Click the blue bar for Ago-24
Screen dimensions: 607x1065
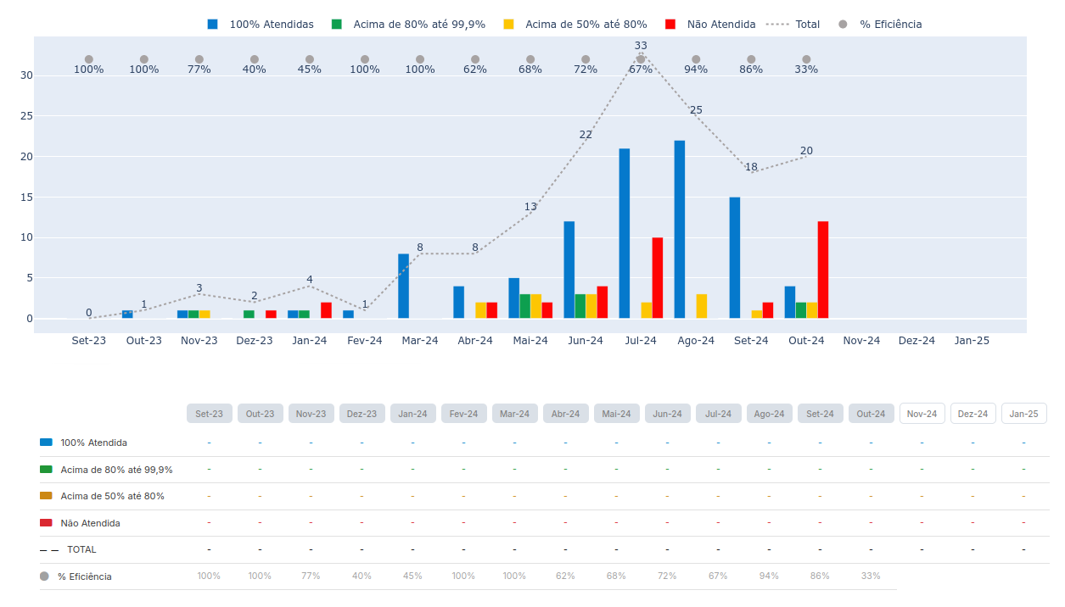click(680, 229)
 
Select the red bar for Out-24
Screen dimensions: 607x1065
click(823, 270)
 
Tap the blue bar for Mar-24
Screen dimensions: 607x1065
click(404, 286)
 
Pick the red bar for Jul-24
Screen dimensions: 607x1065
click(658, 277)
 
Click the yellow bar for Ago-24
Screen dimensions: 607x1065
click(702, 306)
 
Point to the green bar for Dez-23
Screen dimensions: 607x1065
click(249, 315)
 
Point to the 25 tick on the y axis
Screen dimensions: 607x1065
click(26, 116)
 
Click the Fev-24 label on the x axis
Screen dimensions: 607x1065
click(365, 341)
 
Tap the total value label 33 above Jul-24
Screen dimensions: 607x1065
click(641, 46)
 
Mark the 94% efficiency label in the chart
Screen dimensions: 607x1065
click(696, 70)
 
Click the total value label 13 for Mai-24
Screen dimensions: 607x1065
click(530, 207)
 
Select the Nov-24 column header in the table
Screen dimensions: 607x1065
click(922, 414)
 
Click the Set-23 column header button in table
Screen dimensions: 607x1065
click(209, 414)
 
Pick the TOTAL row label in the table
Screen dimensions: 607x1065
click(81, 549)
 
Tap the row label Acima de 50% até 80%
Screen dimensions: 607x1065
click(112, 496)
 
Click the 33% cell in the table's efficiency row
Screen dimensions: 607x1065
click(871, 576)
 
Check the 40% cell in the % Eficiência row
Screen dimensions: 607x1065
click(362, 576)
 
